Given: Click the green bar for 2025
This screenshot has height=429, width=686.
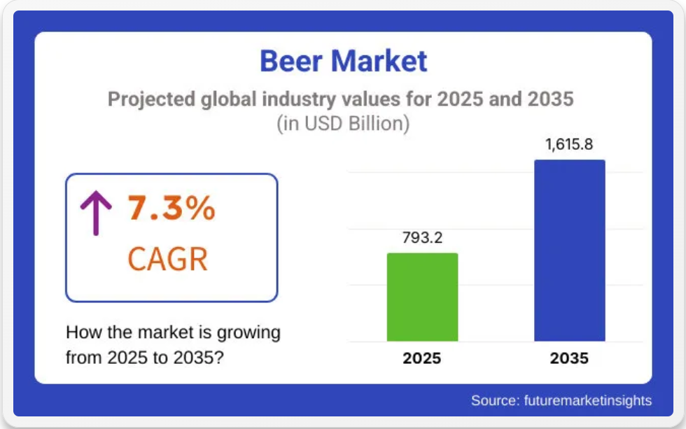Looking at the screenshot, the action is [422, 297].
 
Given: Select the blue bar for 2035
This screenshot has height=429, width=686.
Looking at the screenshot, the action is [570, 250].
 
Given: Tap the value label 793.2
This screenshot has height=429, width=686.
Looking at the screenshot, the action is [422, 237].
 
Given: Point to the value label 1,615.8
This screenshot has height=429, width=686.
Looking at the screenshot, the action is [568, 144].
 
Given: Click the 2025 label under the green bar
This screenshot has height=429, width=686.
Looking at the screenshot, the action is [421, 358].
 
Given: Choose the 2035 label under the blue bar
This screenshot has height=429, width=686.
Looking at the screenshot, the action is [569, 358].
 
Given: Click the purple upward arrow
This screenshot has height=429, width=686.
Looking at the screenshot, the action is [97, 213].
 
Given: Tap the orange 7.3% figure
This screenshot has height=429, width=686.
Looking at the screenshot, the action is [171, 208].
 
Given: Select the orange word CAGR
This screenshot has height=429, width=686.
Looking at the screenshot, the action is [167, 259].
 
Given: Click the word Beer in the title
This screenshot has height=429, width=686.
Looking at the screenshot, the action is [291, 61].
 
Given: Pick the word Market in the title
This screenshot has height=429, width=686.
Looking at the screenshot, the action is [379, 61].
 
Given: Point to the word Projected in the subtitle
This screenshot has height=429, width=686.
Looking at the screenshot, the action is [151, 99].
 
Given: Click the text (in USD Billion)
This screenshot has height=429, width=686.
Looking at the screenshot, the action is [344, 123].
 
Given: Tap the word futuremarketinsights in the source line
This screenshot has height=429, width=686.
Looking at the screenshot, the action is [588, 400].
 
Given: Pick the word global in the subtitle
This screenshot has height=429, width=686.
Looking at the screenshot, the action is [228, 99].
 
